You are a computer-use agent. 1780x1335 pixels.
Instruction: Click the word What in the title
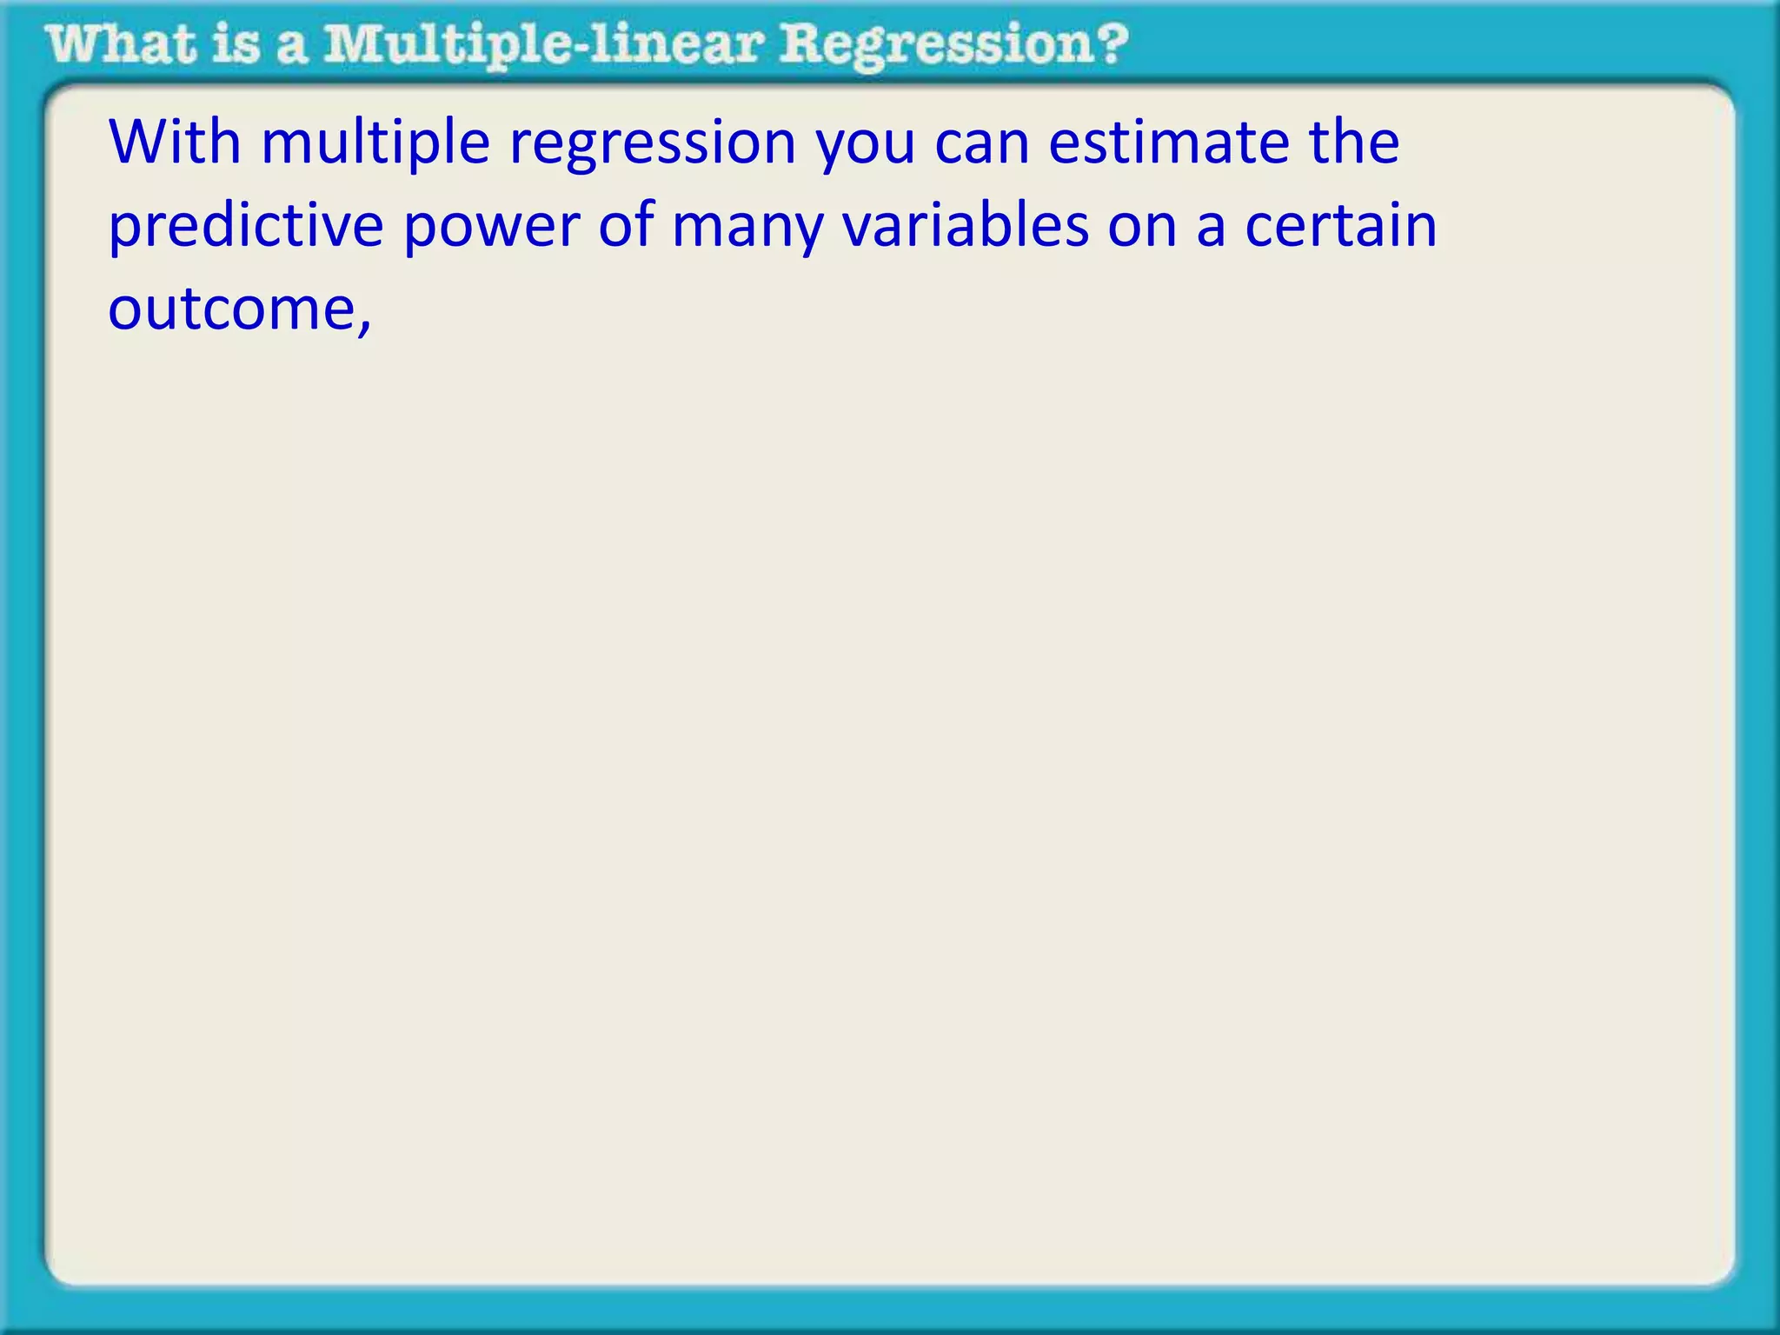122,44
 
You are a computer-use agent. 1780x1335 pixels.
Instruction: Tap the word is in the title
236,44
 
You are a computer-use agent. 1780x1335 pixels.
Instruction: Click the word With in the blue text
174,142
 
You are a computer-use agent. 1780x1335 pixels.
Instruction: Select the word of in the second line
625,225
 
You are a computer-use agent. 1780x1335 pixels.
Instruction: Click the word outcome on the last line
231,309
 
